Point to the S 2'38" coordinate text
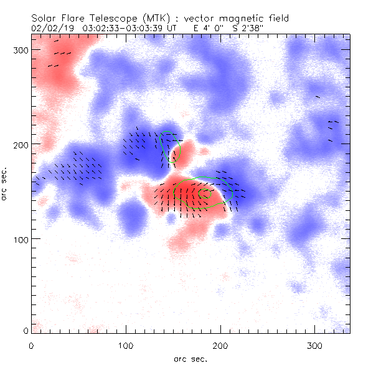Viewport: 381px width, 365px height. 244,28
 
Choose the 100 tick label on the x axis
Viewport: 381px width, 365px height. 126,345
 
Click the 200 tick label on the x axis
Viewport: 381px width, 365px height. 220,345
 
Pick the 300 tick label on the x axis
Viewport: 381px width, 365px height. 314,345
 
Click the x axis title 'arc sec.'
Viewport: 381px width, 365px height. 190,358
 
